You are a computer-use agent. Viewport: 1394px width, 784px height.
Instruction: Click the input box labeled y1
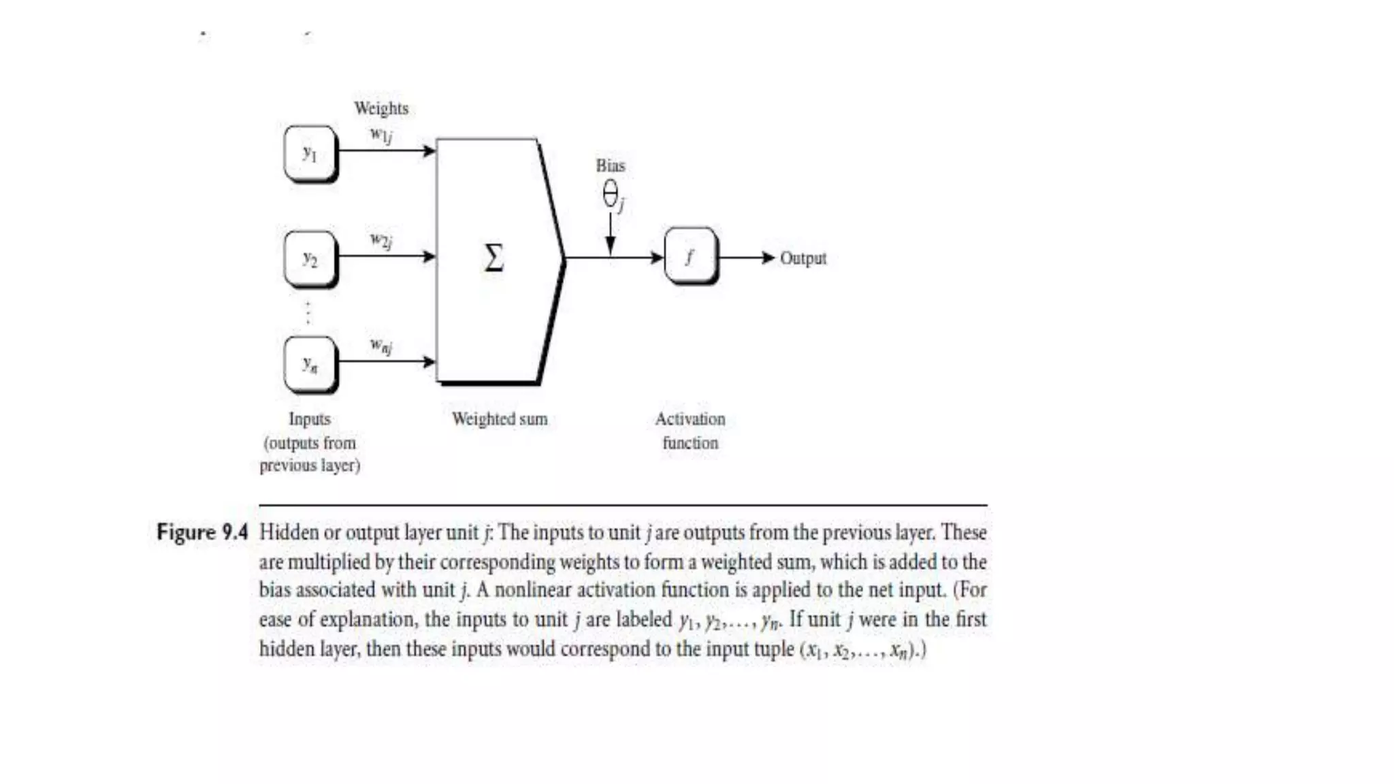(310, 153)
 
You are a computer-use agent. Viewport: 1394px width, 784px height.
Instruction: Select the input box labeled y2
(310, 259)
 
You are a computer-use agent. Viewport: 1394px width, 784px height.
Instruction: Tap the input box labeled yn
(310, 364)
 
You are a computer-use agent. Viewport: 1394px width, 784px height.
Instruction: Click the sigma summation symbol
(494, 258)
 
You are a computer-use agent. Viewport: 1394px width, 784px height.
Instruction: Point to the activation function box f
(690, 257)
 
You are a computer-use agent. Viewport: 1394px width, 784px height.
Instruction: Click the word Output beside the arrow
(803, 259)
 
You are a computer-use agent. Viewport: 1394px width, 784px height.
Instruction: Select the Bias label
(611, 165)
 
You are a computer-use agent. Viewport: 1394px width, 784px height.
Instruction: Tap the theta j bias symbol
(613, 196)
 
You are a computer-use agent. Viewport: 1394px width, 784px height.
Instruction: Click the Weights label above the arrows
(381, 108)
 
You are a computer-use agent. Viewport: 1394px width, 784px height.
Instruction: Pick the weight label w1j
(381, 135)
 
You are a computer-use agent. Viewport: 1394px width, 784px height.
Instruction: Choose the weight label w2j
(381, 240)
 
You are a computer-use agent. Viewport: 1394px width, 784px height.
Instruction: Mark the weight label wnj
(381, 346)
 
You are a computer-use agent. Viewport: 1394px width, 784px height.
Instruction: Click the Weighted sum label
(500, 419)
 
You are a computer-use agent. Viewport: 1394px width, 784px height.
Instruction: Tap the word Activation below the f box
(690, 419)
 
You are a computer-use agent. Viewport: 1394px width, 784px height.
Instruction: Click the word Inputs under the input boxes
(310, 419)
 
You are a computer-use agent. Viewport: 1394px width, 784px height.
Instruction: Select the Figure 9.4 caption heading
(202, 532)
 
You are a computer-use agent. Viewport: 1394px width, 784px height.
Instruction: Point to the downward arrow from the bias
(611, 235)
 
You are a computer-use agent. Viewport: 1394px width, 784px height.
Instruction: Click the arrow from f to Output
(747, 258)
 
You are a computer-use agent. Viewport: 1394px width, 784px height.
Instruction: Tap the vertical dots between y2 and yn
(308, 312)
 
